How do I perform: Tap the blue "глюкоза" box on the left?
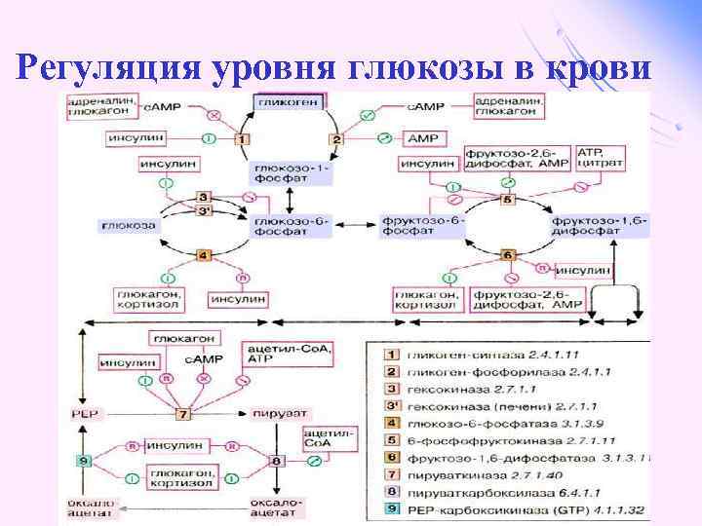pyautogui.click(x=127, y=225)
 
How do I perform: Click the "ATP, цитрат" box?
pyautogui.click(x=597, y=160)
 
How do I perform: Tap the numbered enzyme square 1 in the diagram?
pyautogui.click(x=242, y=139)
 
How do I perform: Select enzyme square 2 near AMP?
pyautogui.click(x=336, y=139)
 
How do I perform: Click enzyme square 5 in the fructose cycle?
pyautogui.click(x=506, y=200)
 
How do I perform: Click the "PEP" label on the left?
pyautogui.click(x=82, y=414)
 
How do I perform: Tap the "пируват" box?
pyautogui.click(x=274, y=414)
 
